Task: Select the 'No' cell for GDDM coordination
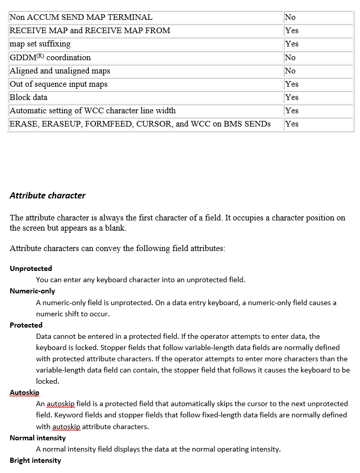pos(290,58)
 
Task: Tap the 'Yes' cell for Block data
pos(292,97)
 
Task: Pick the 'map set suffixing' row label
pos(40,44)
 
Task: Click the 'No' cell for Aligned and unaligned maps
pos(290,71)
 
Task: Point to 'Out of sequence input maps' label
pos(59,84)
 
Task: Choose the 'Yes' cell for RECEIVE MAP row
pos(292,31)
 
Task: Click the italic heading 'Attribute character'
pos(47,195)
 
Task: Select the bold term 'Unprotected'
pos(31,268)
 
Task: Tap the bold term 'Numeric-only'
pos(32,291)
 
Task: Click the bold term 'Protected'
pos(26,325)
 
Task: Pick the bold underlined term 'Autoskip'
pos(25,392)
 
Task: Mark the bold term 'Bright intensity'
pos(35,460)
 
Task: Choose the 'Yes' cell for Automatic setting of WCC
pos(292,111)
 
